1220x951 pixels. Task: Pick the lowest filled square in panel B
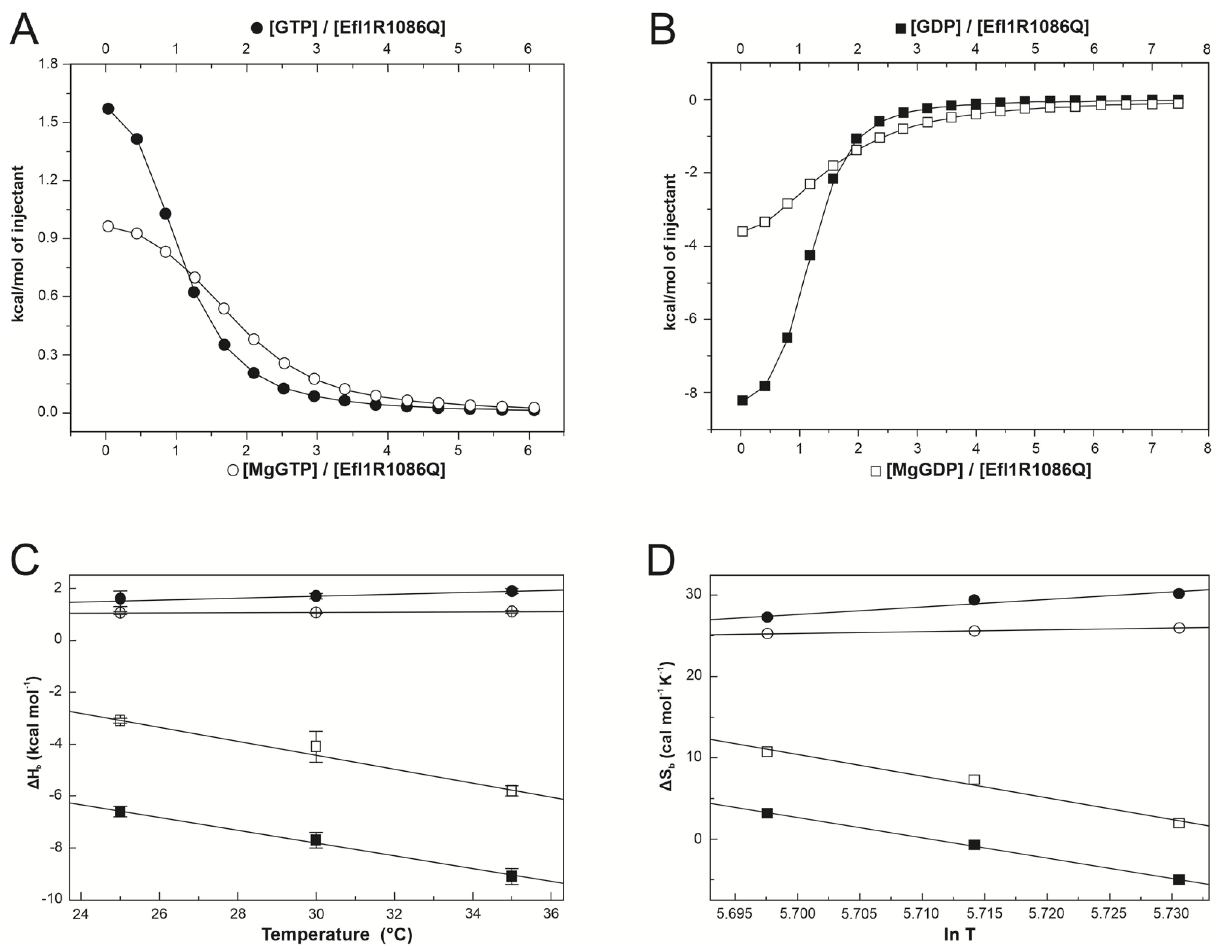pos(742,400)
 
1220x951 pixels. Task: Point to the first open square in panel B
pos(742,231)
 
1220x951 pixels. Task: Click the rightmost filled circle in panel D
pos(1179,593)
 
